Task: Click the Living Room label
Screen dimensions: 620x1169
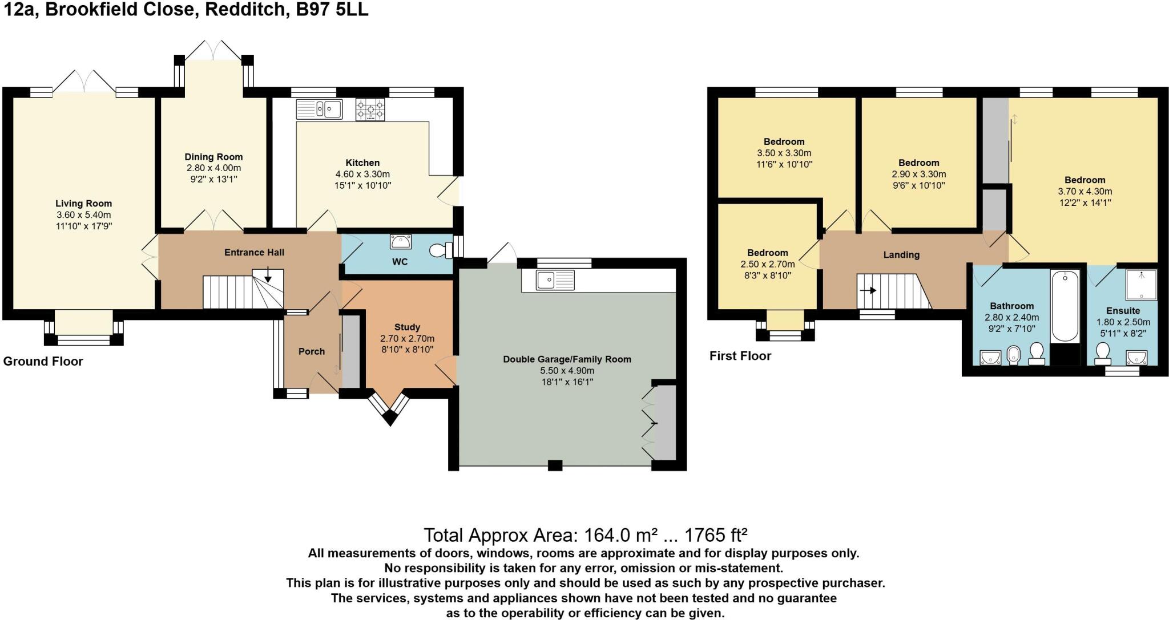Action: tap(83, 204)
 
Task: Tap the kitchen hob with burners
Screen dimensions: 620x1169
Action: tap(370, 109)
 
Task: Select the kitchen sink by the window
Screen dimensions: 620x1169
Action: tap(319, 108)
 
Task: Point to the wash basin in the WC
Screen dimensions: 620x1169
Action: tap(401, 242)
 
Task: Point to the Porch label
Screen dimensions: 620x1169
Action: tap(312, 351)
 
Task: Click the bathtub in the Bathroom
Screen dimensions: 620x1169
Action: tap(1065, 306)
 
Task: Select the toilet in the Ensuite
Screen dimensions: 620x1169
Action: tap(1102, 354)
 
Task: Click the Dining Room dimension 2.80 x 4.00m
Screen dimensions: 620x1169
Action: tap(213, 168)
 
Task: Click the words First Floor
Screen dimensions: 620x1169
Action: tap(740, 356)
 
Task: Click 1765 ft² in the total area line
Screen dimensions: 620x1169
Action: tap(716, 535)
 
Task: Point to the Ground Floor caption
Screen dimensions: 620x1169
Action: tap(43, 361)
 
